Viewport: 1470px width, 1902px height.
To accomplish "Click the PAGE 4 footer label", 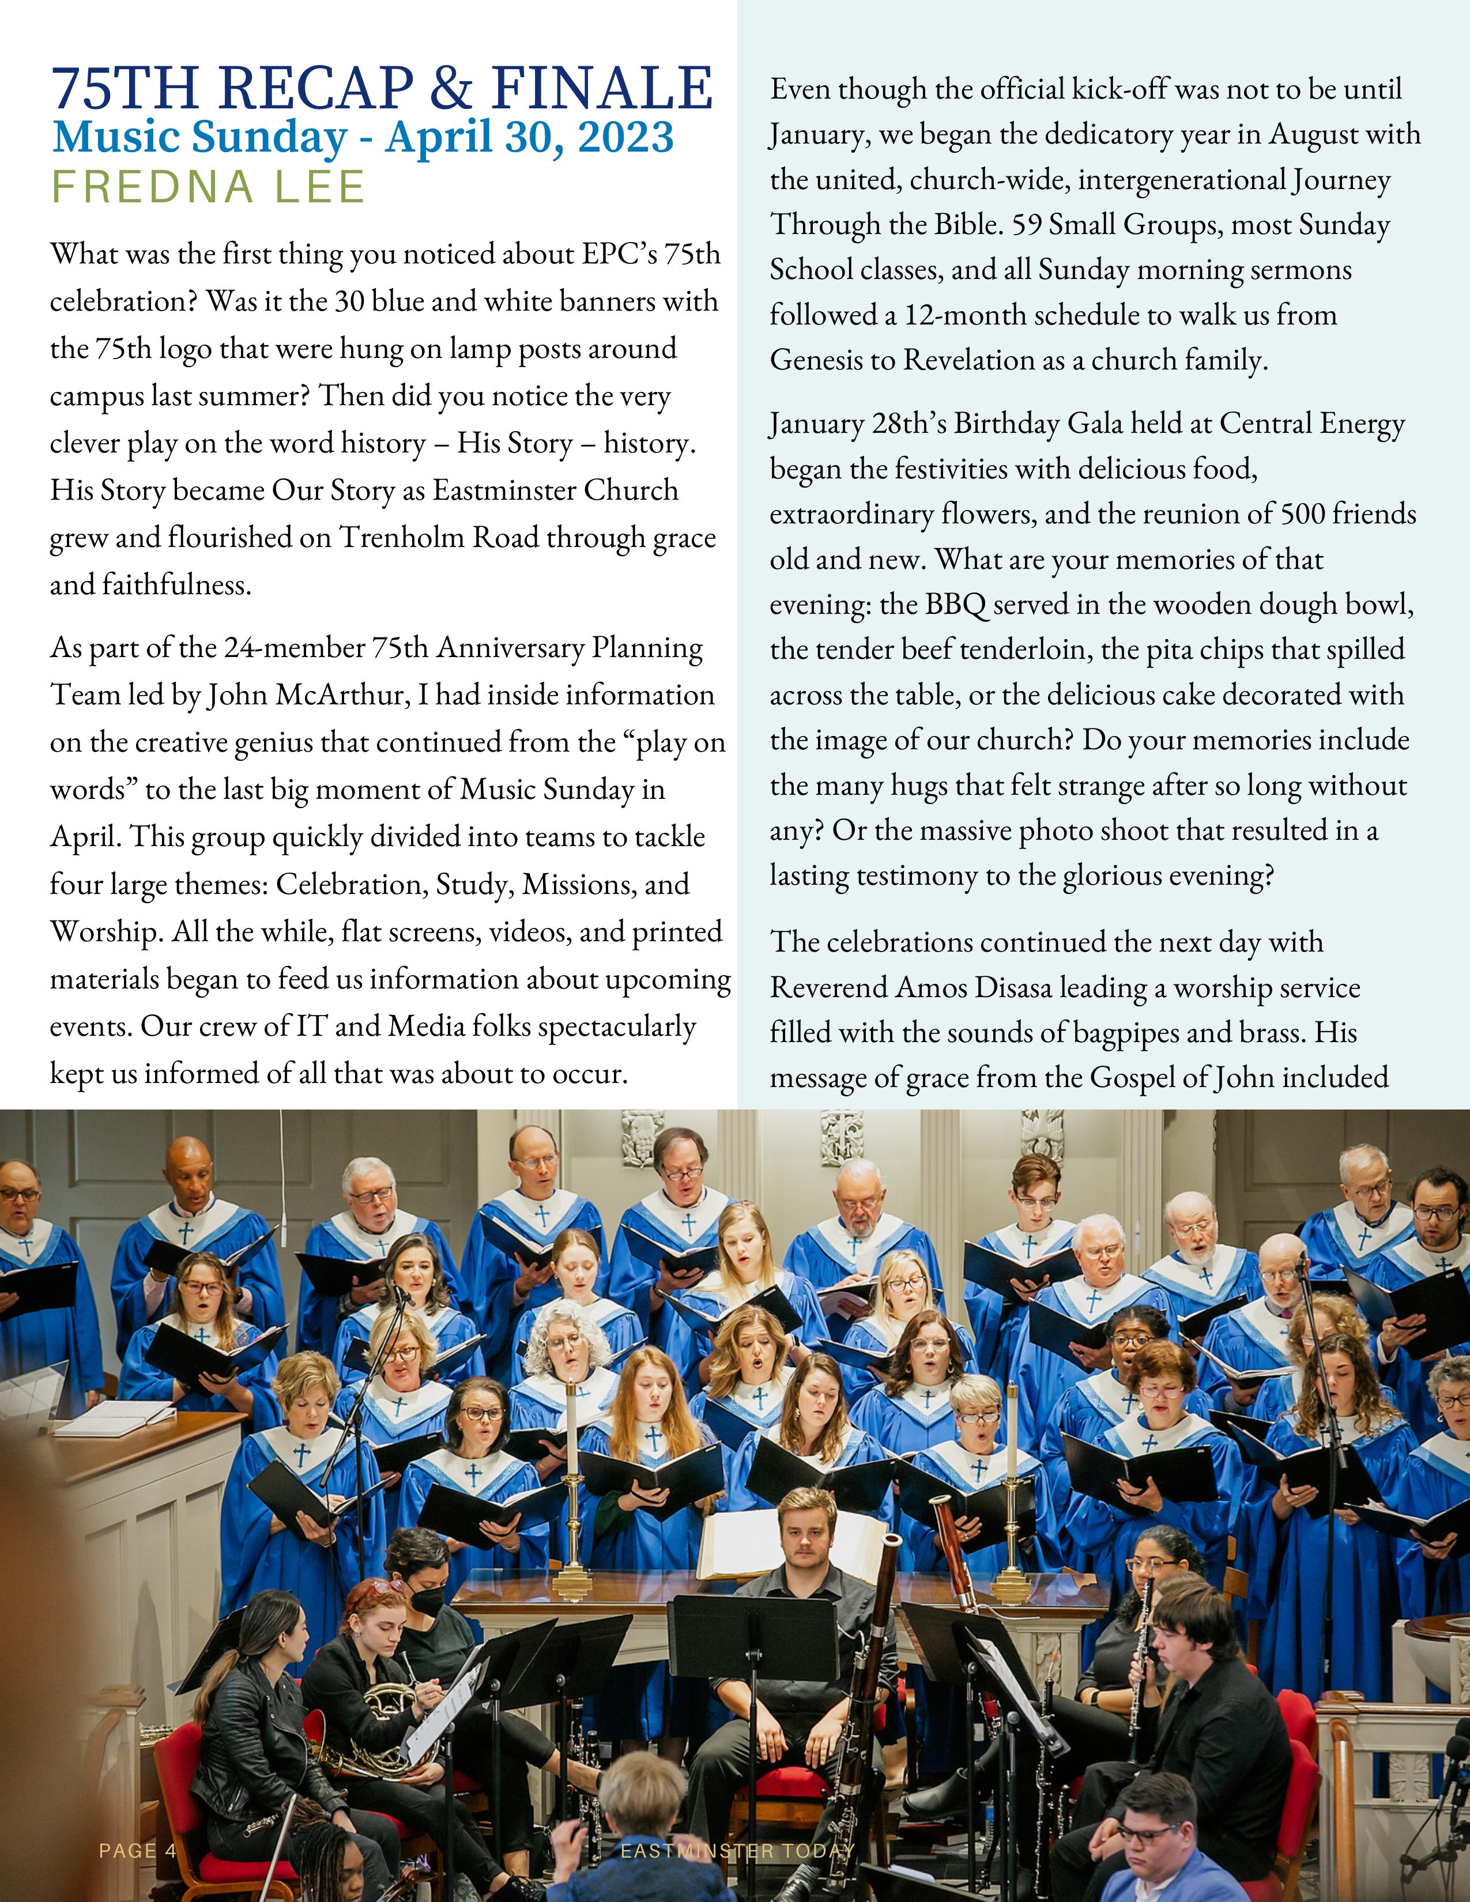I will click(x=138, y=1851).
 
